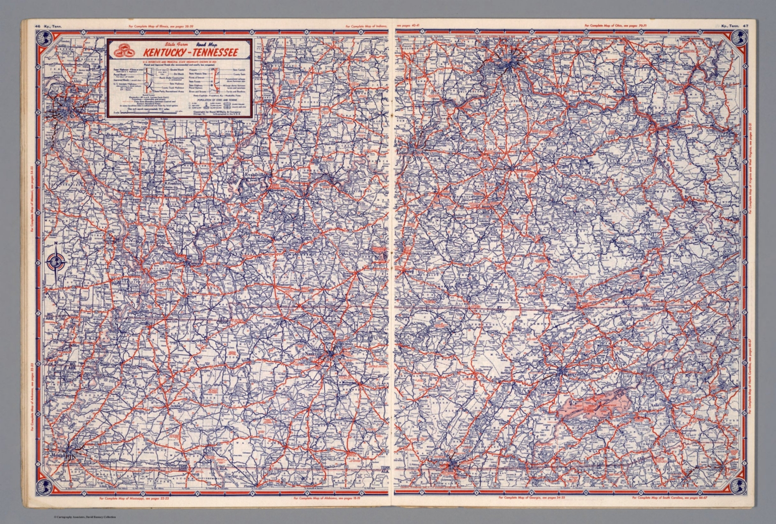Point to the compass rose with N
point(57,262)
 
